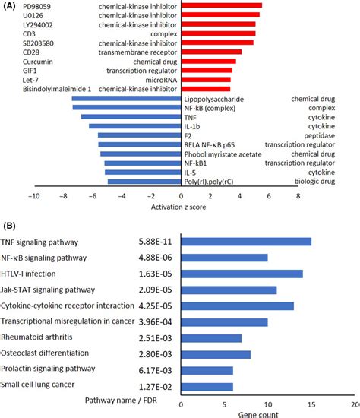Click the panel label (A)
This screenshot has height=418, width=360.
tap(10, 5)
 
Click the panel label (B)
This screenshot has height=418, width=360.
tap(10, 225)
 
